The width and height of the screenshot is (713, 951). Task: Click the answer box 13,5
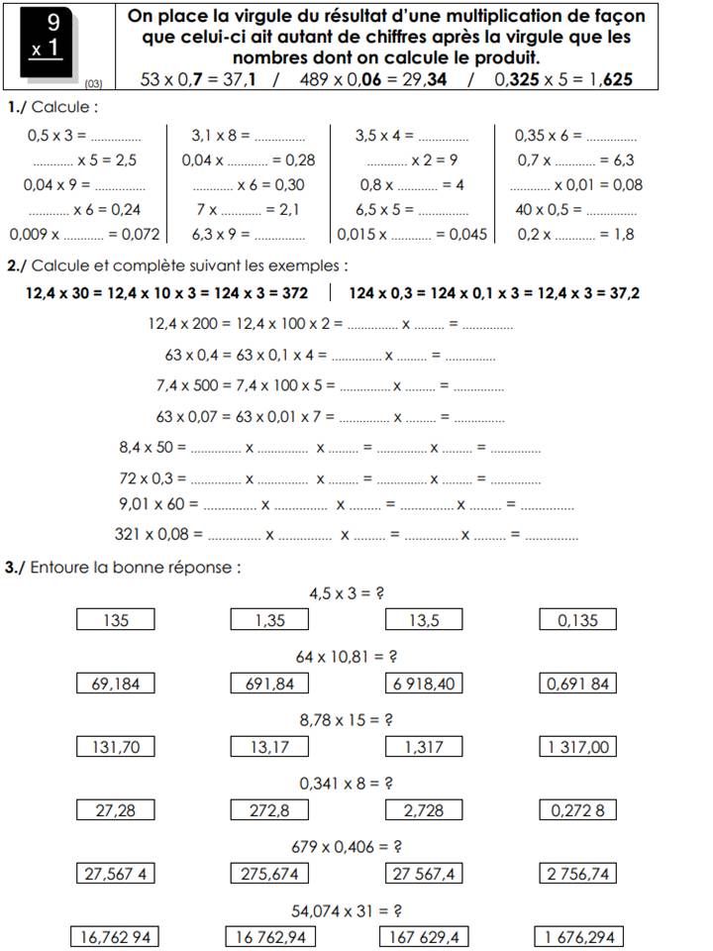click(423, 620)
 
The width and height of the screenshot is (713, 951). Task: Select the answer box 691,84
click(268, 683)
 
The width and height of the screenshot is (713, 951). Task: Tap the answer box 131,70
click(116, 747)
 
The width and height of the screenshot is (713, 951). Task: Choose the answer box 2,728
click(423, 810)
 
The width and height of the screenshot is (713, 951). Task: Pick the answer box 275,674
click(268, 873)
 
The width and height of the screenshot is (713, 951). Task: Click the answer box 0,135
click(578, 620)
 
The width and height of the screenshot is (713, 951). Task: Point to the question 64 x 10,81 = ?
click(347, 657)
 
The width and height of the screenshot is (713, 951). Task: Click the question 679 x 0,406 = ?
click(347, 847)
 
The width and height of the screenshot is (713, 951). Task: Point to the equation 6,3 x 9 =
click(221, 235)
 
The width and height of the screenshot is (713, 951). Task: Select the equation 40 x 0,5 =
click(550, 209)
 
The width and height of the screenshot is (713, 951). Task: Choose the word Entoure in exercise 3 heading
click(64, 568)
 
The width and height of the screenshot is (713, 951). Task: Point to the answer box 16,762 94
click(115, 936)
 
